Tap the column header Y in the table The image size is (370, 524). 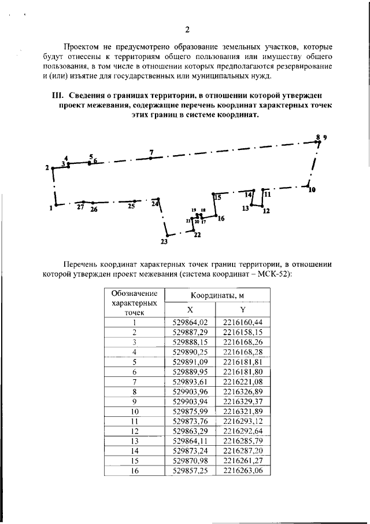[x=243, y=310]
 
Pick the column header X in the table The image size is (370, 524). [x=190, y=310]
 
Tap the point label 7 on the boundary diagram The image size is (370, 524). [x=151, y=152]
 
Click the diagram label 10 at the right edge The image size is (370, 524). [x=312, y=189]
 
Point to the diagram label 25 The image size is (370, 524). [x=131, y=206]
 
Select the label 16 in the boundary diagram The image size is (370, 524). [x=221, y=218]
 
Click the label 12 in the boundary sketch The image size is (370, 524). [x=266, y=211]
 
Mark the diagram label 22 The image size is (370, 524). [x=197, y=234]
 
